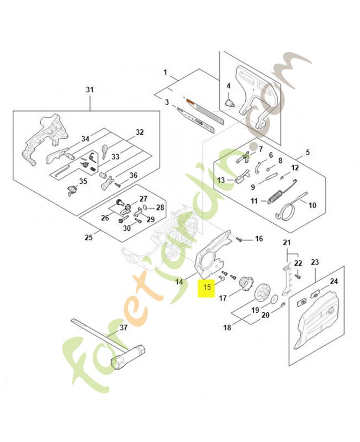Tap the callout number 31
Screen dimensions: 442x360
tap(90, 90)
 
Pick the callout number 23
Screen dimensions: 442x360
tap(315, 262)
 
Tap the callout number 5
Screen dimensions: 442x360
tap(308, 152)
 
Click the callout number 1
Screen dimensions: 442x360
tap(165, 72)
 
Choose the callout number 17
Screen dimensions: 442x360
tap(223, 298)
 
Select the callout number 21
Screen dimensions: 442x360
tap(287, 243)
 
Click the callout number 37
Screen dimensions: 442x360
tap(123, 327)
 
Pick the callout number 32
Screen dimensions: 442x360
tap(139, 133)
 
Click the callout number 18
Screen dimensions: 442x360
tap(227, 328)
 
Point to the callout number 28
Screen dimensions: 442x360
tap(160, 208)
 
